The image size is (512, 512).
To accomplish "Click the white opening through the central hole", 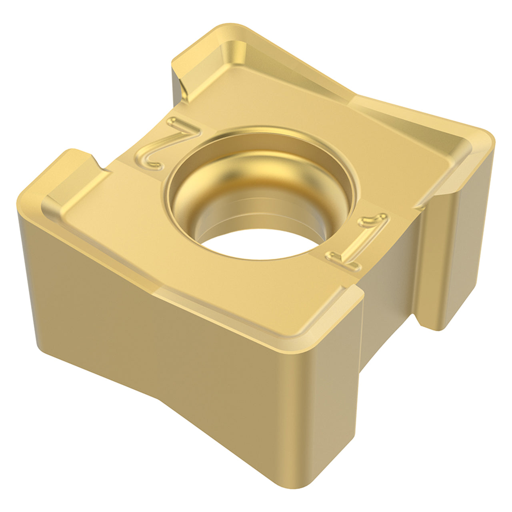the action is pyautogui.click(x=260, y=244).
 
